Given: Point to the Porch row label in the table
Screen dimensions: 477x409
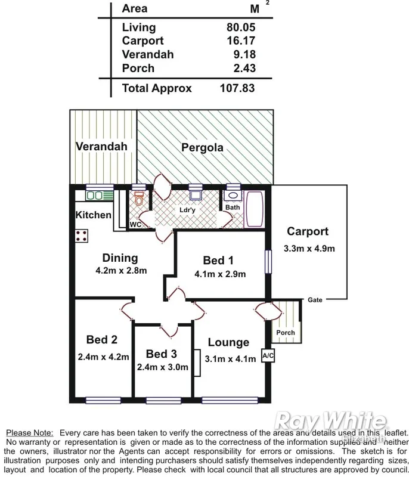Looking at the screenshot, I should [138, 68].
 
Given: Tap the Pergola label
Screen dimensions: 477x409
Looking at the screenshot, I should [203, 147].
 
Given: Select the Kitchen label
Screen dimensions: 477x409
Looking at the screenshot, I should [94, 215].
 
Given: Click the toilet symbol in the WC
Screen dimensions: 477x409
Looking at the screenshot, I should [139, 200].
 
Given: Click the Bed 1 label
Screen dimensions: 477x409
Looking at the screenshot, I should [218, 261].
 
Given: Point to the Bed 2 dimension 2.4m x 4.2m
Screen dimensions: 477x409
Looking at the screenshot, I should [103, 357].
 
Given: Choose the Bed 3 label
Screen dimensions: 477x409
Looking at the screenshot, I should [161, 354].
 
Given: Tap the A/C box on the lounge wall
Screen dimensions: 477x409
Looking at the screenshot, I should [268, 357].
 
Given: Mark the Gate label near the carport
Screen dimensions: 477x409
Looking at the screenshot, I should [315, 300].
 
